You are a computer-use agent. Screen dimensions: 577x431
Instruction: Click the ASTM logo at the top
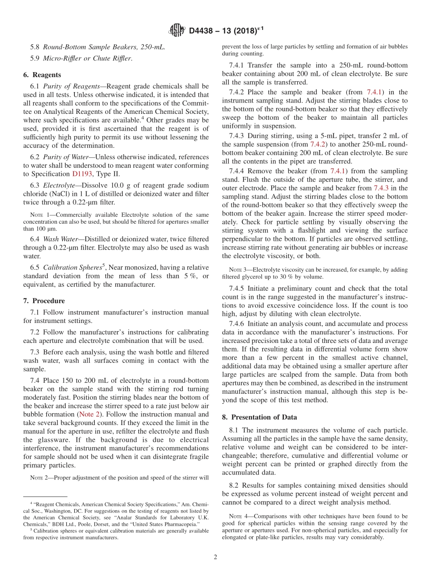point(176,30)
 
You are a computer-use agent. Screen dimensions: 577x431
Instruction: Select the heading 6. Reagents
point(42,75)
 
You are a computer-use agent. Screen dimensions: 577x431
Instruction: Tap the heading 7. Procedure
point(44,301)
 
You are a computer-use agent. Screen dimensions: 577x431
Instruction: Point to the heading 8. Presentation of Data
point(260,417)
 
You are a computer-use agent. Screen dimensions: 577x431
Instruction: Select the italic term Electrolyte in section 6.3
point(59,186)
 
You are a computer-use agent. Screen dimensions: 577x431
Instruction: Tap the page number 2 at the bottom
point(215,557)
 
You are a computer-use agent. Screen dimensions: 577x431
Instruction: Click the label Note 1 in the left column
point(37,214)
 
